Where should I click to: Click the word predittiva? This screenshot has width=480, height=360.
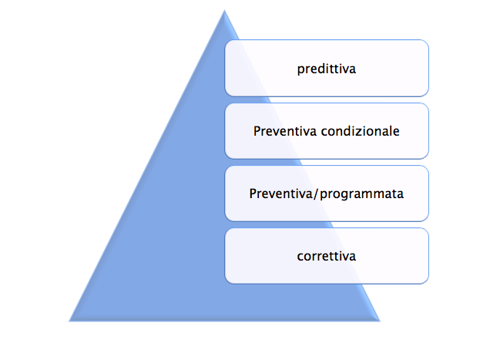click(327, 69)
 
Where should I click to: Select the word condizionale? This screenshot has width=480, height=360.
click(360, 131)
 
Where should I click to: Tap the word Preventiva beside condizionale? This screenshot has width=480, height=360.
click(285, 131)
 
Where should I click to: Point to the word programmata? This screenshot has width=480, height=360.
click(361, 194)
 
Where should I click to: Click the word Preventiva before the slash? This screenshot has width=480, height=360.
click(280, 193)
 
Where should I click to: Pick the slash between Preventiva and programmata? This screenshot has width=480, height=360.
click(316, 194)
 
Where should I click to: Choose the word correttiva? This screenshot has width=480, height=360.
click(327, 256)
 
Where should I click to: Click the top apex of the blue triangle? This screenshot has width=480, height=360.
click(224, 10)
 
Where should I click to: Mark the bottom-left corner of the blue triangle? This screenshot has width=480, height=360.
click(69, 321)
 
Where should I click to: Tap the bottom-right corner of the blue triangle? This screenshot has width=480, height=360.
click(380, 321)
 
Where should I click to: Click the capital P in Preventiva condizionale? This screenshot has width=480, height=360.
click(257, 131)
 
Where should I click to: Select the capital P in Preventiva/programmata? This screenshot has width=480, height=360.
click(253, 193)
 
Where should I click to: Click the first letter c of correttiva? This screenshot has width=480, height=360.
click(300, 257)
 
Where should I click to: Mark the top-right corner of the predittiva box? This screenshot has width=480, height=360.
click(428, 40)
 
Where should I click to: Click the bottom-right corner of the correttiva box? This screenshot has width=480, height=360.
click(428, 284)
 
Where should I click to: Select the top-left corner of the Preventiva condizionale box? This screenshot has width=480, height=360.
click(225, 103)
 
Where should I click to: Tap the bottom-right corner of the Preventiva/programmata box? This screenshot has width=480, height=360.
click(428, 220)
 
